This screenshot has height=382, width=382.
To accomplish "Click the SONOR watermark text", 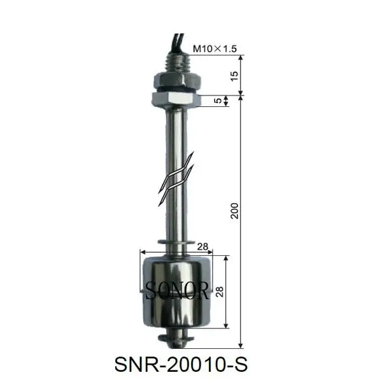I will coord(176,292).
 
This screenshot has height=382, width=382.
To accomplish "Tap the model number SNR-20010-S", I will coord(179,365).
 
